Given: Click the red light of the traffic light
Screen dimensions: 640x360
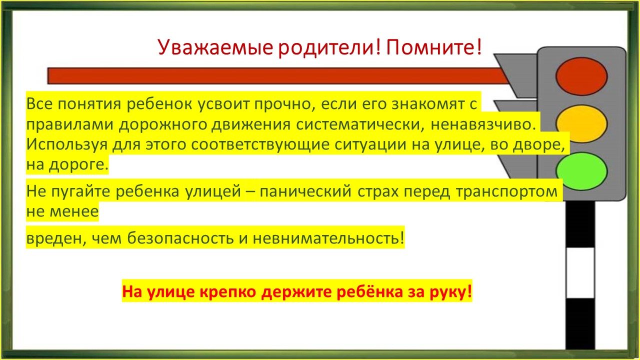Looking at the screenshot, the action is (x=581, y=76).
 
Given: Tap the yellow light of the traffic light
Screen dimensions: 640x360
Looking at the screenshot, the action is (x=581, y=123).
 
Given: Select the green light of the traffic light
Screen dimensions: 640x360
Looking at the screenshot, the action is (x=581, y=171).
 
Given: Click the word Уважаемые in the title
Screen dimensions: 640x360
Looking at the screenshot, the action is (x=215, y=47).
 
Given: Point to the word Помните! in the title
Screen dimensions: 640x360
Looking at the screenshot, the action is (x=434, y=46).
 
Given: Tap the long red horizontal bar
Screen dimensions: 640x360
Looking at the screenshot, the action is (x=277, y=76).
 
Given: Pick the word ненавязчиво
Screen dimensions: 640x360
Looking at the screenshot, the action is (x=483, y=124).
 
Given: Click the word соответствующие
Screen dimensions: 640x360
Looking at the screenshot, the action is (x=260, y=144).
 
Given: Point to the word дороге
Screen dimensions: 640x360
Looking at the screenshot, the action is (x=78, y=165).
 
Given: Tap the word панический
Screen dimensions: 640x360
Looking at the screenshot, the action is (x=305, y=191).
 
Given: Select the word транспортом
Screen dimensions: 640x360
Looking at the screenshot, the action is (x=506, y=191).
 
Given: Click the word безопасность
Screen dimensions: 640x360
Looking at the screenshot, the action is (x=180, y=238).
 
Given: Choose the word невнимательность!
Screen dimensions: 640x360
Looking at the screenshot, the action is (x=328, y=237).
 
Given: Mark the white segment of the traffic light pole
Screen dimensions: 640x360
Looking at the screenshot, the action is (x=580, y=273).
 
